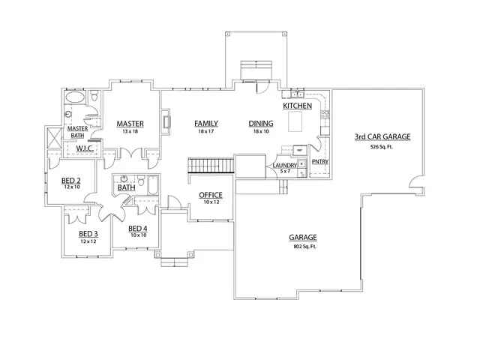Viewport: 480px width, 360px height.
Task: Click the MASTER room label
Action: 130,123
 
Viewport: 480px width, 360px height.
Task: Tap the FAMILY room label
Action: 206,123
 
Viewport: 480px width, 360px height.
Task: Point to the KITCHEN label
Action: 297,106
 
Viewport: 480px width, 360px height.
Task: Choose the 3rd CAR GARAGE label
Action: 382,137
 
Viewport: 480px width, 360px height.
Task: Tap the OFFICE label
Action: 211,195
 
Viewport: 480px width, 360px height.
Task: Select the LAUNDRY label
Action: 284,165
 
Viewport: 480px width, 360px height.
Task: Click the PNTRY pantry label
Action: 319,161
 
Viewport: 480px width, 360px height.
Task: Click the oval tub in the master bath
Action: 75,98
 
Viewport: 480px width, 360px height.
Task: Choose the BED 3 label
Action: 89,234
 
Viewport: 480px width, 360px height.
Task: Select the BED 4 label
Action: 137,229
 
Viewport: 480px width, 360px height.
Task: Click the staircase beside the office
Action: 201,166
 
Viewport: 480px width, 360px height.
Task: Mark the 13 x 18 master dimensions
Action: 130,131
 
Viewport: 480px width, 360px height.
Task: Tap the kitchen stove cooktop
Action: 325,115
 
